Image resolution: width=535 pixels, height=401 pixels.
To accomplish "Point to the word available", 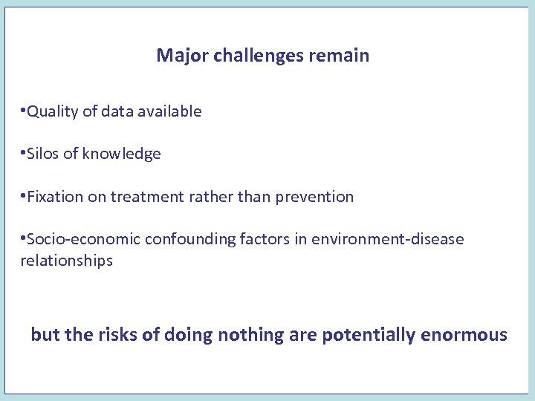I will pyautogui.click(x=169, y=111).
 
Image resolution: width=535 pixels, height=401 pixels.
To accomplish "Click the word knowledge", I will pyautogui.click(x=121, y=154).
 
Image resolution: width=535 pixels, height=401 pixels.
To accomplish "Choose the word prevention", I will pyautogui.click(x=314, y=197).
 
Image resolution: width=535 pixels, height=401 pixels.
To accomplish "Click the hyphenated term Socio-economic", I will pyautogui.click(x=83, y=240).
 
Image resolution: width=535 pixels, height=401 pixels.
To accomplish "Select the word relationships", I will pyautogui.click(x=66, y=261).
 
